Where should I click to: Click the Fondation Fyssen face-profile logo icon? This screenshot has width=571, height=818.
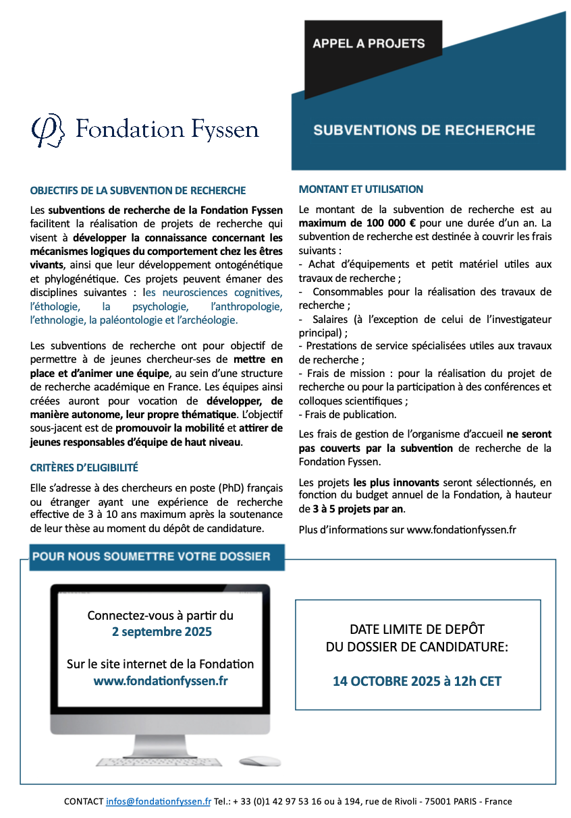pyautogui.click(x=48, y=130)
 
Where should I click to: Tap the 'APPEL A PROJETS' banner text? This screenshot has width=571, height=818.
pyautogui.click(x=369, y=43)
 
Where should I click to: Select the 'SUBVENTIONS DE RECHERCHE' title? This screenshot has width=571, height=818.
pyautogui.click(x=424, y=129)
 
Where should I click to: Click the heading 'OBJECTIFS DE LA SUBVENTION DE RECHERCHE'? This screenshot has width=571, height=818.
pyautogui.click(x=138, y=191)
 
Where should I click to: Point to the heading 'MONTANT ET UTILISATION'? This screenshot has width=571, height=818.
pyautogui.click(x=361, y=189)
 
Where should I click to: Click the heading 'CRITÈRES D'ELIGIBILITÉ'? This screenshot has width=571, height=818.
pyautogui.click(x=84, y=467)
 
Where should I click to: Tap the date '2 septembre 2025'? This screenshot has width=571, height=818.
pyautogui.click(x=161, y=632)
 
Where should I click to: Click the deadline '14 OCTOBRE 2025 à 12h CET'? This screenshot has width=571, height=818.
pyautogui.click(x=417, y=681)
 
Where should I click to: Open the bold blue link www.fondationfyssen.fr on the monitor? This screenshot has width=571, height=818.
pyautogui.click(x=161, y=680)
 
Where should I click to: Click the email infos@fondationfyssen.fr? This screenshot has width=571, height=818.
pyautogui.click(x=159, y=802)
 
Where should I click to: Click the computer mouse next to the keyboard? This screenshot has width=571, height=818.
pyautogui.click(x=259, y=761)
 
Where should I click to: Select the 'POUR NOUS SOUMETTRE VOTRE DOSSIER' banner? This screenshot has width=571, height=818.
pyautogui.click(x=151, y=556)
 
